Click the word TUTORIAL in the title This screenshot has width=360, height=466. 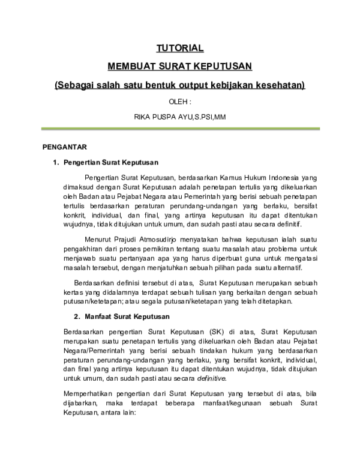[180, 48]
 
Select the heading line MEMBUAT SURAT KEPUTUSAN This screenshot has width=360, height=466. [180, 66]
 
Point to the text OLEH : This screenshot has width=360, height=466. [180, 101]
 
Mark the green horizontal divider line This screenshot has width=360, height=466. [180, 129]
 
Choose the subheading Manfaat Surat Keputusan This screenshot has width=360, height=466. [122, 316]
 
